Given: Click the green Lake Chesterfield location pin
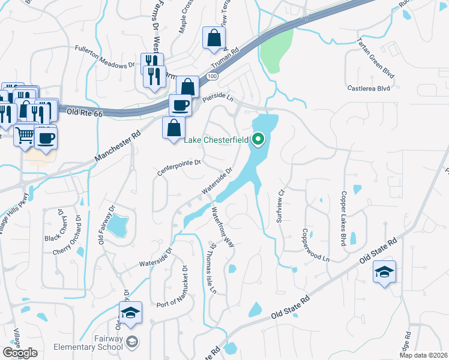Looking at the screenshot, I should pyautogui.click(x=259, y=140).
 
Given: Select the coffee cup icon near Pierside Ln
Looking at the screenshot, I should pyautogui.click(x=180, y=106).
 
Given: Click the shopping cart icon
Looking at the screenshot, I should pyautogui.click(x=25, y=136).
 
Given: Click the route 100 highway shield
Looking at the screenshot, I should pyautogui.click(x=211, y=77).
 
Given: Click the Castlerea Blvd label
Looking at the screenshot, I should pyautogui.click(x=369, y=88).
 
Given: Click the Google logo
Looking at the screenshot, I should pyautogui.click(x=19, y=353).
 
